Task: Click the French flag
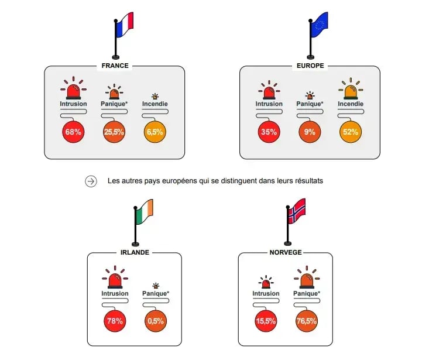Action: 125,22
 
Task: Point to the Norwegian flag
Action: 297,211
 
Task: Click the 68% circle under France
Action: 73,132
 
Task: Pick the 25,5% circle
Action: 114,132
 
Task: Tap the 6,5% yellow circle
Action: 155,132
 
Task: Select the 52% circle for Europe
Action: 351,132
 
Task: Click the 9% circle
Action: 310,132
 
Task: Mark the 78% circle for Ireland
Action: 115,320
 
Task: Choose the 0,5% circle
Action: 155,320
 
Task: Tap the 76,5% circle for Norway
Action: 307,320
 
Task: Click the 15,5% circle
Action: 266,320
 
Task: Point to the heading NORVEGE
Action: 286,252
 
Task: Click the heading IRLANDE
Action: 135,252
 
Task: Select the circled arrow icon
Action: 91,181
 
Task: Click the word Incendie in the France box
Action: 155,104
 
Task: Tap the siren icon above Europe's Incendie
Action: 351,91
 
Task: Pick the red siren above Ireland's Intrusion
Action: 115,279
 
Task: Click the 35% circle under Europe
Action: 269,132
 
